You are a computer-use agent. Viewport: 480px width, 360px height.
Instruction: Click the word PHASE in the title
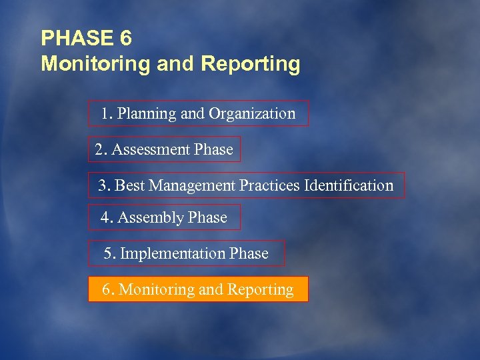coord(77,38)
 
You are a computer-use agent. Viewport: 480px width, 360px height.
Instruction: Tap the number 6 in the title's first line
coord(126,38)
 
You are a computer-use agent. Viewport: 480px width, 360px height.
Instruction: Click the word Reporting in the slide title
coord(250,65)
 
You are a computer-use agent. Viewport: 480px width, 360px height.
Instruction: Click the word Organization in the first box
coord(251,114)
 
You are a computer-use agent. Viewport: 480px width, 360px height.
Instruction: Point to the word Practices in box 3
coord(269,185)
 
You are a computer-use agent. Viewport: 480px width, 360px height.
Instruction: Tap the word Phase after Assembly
coord(207,218)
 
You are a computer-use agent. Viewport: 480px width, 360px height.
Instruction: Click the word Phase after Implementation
coord(249,254)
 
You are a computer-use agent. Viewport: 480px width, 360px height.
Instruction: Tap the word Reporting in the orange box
coord(260,290)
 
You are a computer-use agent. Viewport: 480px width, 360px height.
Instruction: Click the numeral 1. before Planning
coord(107,114)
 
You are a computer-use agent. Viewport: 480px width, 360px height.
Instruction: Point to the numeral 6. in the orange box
coord(107,290)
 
